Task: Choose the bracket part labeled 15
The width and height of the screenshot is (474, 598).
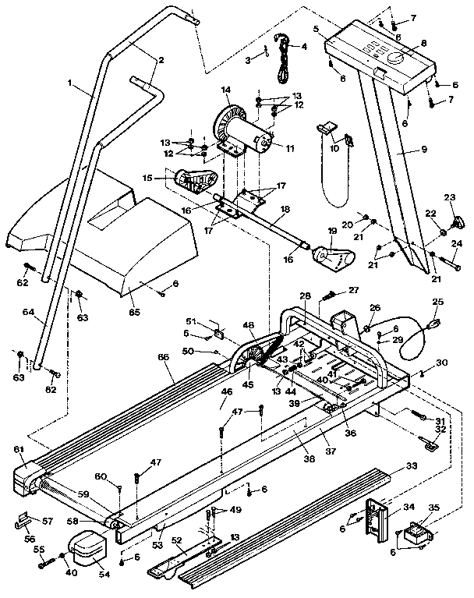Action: pyautogui.click(x=191, y=179)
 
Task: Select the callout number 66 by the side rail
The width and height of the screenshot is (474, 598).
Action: pyautogui.click(x=162, y=357)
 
